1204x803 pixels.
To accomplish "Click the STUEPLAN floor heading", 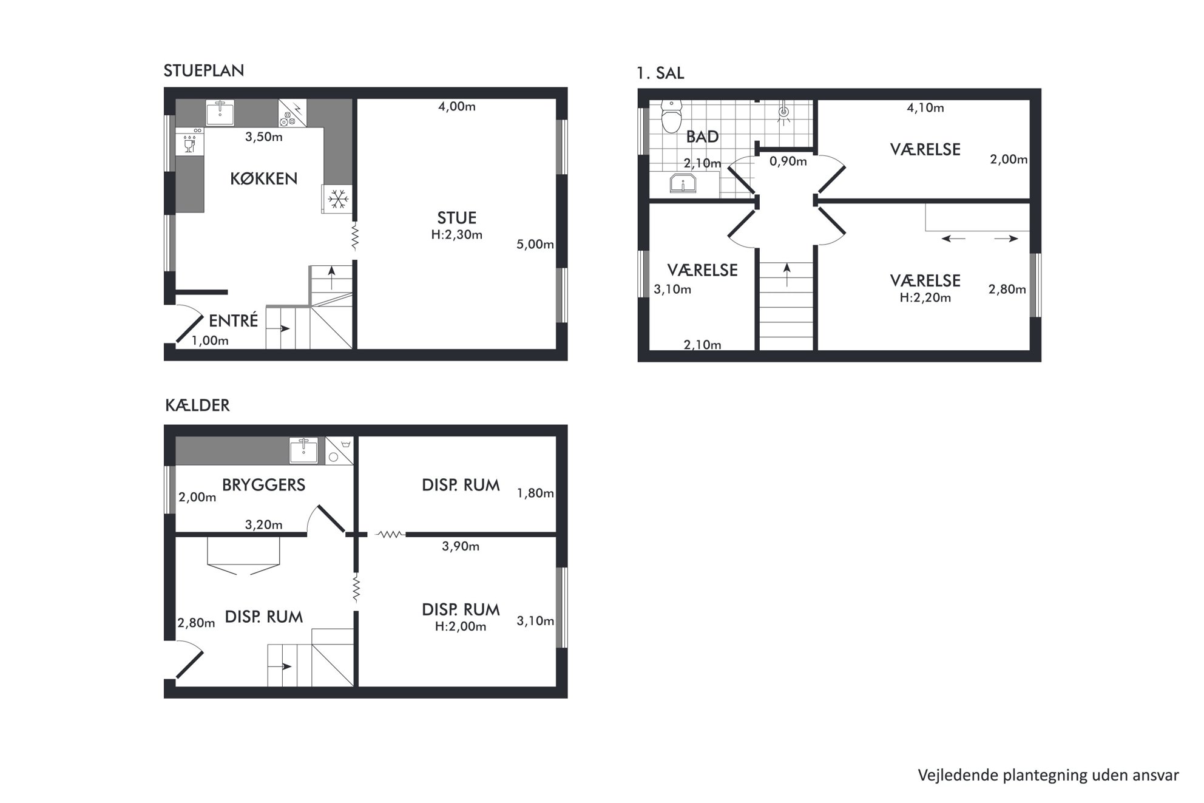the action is pos(204,71).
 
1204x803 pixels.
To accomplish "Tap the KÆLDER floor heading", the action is pos(197,405).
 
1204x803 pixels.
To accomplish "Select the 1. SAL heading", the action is pos(660,73).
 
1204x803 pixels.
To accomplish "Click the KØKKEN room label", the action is pos(264,178).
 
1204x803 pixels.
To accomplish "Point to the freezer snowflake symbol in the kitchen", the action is pos(337,198).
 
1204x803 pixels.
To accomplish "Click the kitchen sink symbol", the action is pos(220,113).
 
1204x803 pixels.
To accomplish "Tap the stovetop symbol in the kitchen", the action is pos(293,114).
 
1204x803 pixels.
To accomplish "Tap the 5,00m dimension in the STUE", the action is pos(535,245).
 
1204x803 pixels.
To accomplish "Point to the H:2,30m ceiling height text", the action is pos(457,235).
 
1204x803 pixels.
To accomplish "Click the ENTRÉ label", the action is pos(234,320).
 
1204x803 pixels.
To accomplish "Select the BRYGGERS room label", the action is pos(263,485).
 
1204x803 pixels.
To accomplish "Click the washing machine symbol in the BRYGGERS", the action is pos(339,450).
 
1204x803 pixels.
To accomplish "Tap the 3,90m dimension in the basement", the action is pos(461,547).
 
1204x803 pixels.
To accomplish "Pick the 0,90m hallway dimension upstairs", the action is pos(788,161).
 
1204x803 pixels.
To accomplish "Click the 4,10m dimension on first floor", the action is pos(925,108).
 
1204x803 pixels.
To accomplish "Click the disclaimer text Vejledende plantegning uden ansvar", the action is pos(1049,775).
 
